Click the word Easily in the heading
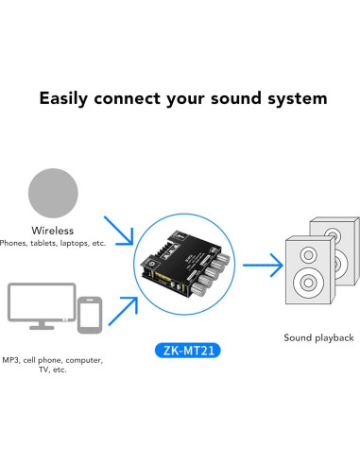click(x=66, y=98)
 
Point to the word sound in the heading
click(x=235, y=98)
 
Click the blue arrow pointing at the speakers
click(x=267, y=266)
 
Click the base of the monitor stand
click(x=41, y=327)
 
